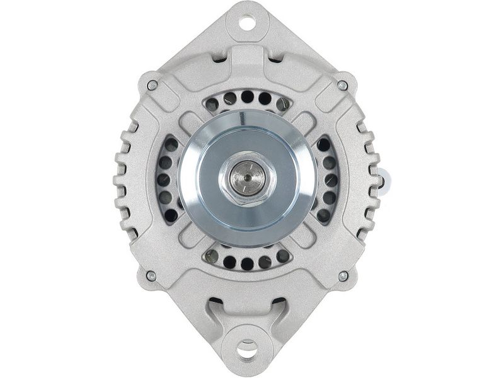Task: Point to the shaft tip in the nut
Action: pyautogui.click(x=248, y=178)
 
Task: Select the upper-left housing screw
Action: pyautogui.click(x=152, y=84)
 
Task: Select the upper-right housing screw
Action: pyautogui.click(x=342, y=85)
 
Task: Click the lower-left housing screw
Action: pyautogui.click(x=151, y=275)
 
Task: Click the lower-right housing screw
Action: pyautogui.click(x=343, y=276)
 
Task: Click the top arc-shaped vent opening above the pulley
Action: pyautogui.click(x=248, y=99)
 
